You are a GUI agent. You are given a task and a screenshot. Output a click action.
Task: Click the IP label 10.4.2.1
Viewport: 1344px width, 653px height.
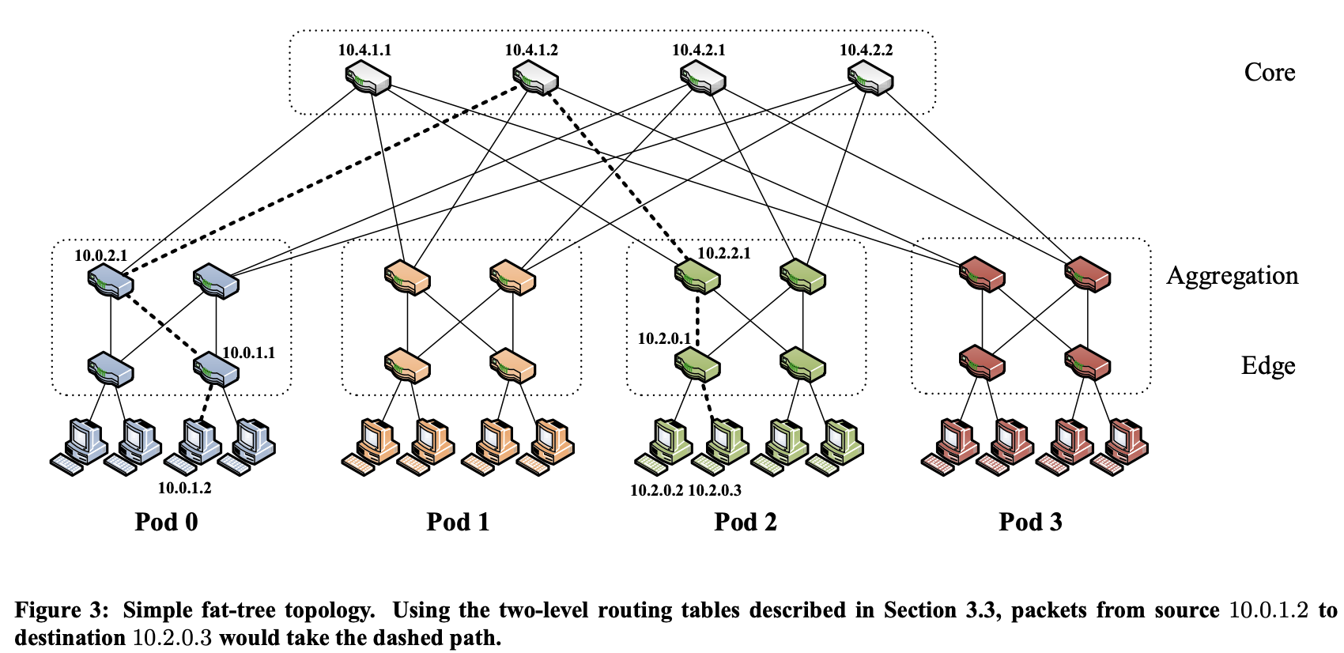[x=698, y=50]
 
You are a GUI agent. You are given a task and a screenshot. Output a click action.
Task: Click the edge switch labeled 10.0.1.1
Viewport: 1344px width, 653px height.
[x=217, y=368]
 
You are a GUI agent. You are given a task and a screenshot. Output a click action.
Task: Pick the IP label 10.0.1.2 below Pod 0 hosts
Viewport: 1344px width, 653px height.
[x=184, y=488]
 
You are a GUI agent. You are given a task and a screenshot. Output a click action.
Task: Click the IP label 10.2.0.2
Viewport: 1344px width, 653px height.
[x=656, y=490]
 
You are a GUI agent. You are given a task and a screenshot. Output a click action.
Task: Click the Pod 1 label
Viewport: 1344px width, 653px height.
[x=458, y=522]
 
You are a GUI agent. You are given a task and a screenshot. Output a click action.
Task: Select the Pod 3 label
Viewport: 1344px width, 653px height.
[x=1030, y=522]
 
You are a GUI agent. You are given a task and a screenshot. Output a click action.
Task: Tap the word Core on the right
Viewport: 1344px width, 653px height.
[x=1269, y=72]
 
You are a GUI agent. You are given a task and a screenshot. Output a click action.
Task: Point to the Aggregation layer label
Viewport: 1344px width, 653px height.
[x=1232, y=275]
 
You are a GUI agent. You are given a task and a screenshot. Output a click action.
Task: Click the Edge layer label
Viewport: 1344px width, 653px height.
[x=1267, y=365]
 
